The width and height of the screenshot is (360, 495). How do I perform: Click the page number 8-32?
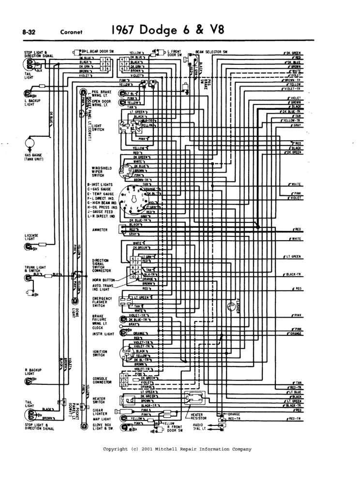click(x=29, y=32)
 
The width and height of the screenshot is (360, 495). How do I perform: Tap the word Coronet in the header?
click(x=72, y=32)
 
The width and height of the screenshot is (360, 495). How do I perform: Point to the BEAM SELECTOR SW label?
click(x=211, y=51)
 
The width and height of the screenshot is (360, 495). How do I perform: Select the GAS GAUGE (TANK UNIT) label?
click(x=35, y=157)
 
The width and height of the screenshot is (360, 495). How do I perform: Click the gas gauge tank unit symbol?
click(x=30, y=143)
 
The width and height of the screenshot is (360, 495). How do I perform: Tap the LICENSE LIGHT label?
click(x=32, y=237)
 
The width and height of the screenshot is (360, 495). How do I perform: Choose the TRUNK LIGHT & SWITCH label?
click(x=33, y=269)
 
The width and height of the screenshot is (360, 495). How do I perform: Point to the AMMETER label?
click(x=100, y=229)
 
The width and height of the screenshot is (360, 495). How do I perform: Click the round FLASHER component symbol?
click(x=232, y=306)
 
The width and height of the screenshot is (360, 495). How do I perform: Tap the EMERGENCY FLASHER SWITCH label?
click(x=102, y=302)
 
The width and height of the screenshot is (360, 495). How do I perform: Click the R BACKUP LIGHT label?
click(x=32, y=372)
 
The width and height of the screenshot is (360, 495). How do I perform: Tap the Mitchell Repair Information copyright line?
click(x=177, y=449)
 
